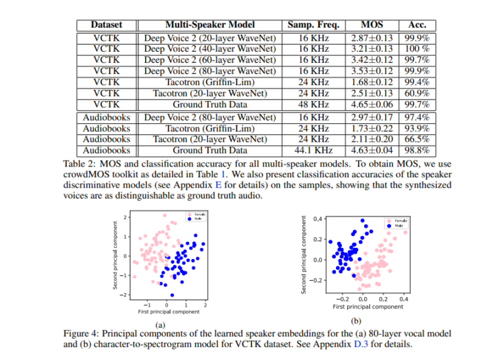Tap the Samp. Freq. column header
[313, 25]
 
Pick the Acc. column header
[417, 25]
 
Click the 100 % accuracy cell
[417, 48]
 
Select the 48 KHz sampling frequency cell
[313, 104]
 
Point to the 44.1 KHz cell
[313, 150]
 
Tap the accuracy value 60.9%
[417, 92]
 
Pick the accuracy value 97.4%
[417, 117]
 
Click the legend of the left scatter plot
[196, 217]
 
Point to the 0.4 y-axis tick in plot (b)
[318, 219]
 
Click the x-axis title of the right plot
[367, 306]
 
